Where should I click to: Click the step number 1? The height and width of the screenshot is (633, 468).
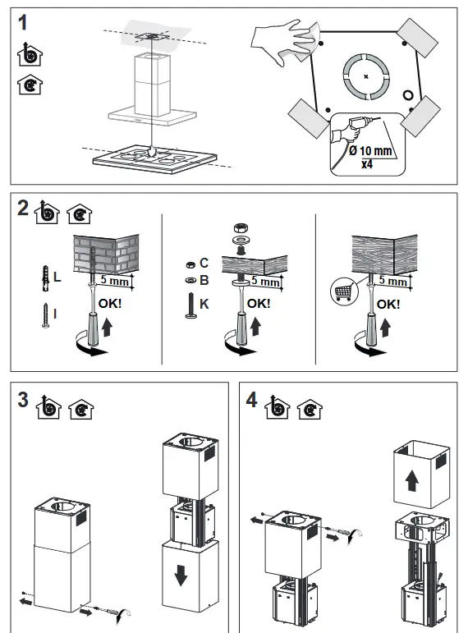pos(23,23)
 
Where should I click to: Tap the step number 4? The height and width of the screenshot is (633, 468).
pos(251,400)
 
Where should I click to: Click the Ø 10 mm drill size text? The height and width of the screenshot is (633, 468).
pos(370,151)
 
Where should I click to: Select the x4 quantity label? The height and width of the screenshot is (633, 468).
pos(367,164)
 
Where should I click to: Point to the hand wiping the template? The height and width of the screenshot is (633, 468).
pos(282,39)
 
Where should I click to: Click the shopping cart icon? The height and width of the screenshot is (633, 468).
pos(344,291)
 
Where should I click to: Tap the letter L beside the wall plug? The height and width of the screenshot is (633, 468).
pos(57,278)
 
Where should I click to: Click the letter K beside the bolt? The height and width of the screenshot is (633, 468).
pos(204,304)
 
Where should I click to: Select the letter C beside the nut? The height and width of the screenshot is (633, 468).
pos(204,264)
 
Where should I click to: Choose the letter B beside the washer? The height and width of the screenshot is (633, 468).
pos(204,280)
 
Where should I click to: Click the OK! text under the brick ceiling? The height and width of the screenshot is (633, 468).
pos(110,304)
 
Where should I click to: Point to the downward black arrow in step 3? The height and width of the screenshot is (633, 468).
pos(181,576)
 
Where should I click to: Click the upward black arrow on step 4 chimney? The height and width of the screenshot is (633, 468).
pos(412,482)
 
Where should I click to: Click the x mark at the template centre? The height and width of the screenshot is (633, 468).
pos(366,76)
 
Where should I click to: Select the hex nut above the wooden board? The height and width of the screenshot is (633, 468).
pos(241,228)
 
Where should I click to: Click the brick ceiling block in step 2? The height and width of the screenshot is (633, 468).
pos(106,254)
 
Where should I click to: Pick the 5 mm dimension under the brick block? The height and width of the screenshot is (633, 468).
pos(114,280)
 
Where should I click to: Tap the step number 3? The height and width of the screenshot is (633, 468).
pos(23,400)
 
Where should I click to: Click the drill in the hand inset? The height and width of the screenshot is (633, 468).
pos(360,123)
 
